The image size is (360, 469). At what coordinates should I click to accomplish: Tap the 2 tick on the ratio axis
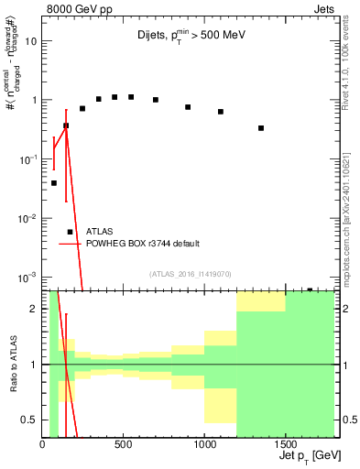(x=34, y=309)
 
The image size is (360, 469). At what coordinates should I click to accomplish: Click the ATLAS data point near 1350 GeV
(x=261, y=128)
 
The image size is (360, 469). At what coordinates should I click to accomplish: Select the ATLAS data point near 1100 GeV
(x=221, y=112)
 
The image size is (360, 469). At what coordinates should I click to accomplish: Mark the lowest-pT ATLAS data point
(x=54, y=183)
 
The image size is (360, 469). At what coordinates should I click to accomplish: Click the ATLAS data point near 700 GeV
(x=156, y=100)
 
